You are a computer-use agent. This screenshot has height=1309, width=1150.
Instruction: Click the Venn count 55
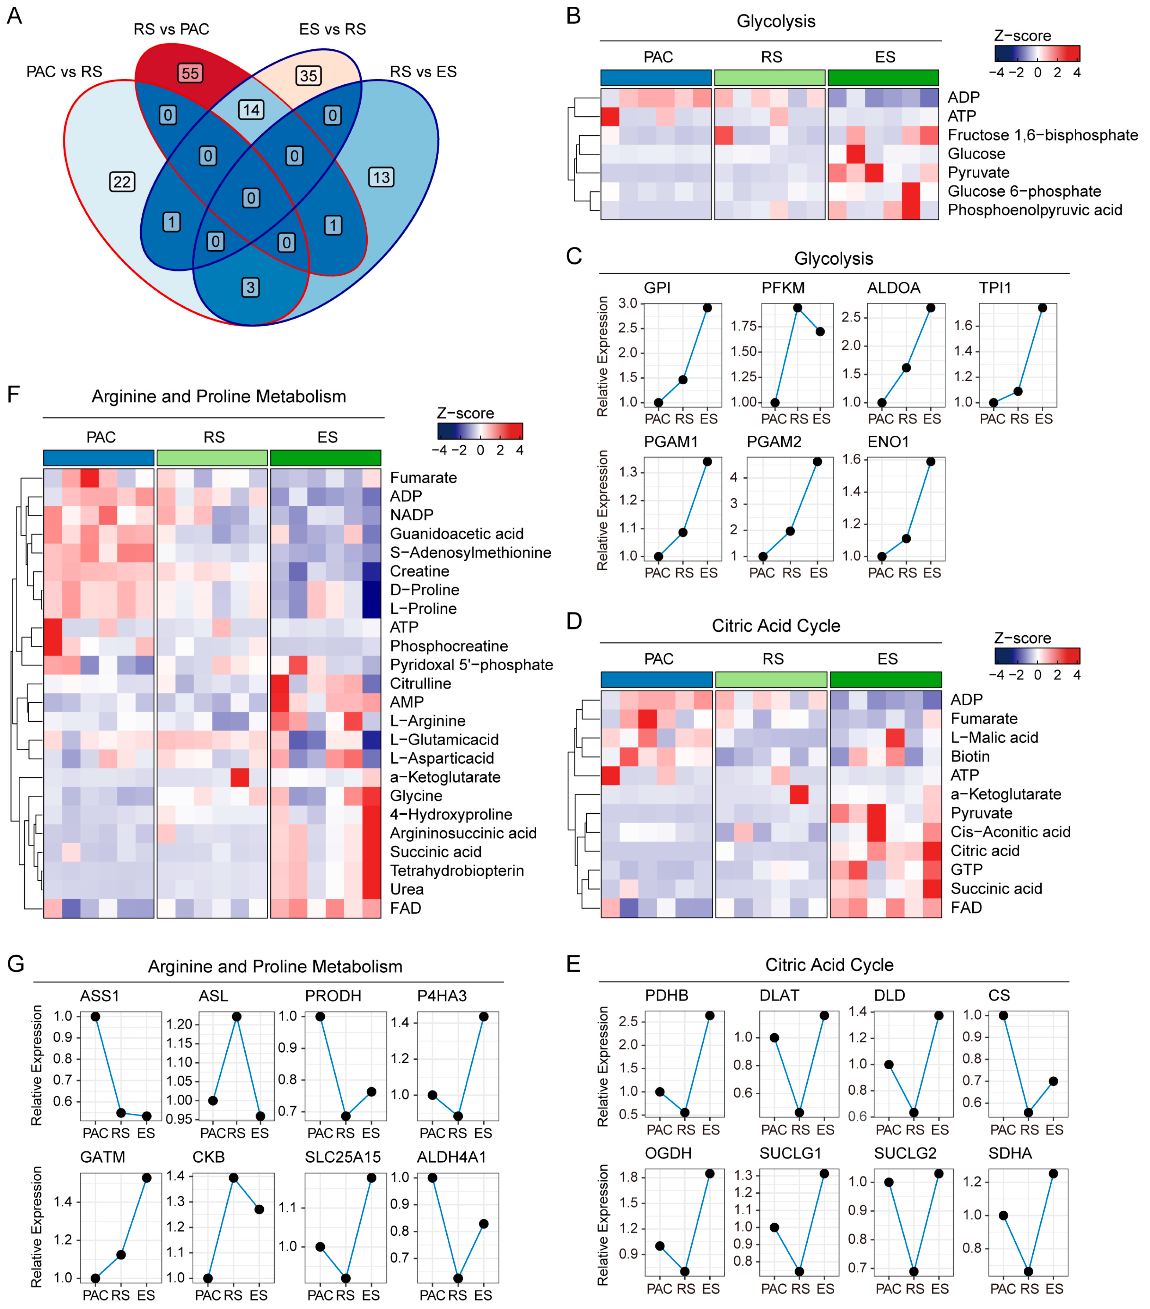(190, 73)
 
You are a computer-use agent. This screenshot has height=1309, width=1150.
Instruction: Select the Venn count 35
(308, 75)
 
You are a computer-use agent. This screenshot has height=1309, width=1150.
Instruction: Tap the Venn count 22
(122, 182)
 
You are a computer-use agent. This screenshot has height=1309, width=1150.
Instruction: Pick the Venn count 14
(251, 110)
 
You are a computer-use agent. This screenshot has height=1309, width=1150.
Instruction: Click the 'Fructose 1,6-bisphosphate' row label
(1042, 135)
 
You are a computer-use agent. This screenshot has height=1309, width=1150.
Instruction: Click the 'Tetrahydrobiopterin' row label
(457, 870)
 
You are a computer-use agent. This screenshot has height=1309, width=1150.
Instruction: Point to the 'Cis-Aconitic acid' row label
(1010, 832)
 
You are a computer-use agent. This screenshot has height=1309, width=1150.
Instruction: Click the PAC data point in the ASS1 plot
(96, 1016)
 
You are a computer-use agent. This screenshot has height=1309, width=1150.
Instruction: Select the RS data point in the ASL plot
(236, 1016)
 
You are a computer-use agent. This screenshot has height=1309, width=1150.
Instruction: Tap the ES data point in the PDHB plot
(709, 1016)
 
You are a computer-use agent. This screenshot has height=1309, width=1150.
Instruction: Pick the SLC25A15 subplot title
(343, 1157)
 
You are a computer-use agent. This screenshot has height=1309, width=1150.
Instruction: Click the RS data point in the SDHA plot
(1028, 1272)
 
